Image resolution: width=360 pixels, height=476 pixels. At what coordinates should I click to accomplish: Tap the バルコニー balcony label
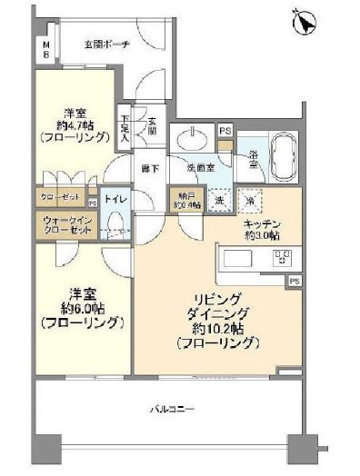pyautogui.click(x=172, y=411)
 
